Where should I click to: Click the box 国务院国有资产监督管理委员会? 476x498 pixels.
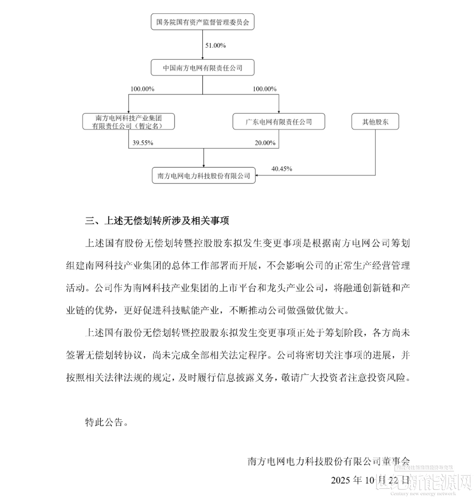click(x=203, y=22)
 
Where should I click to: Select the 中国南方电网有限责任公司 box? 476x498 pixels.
click(x=203, y=68)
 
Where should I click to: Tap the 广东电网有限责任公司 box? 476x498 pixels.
click(x=279, y=122)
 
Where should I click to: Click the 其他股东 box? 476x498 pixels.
click(x=375, y=122)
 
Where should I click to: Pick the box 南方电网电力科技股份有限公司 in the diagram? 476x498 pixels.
click(x=204, y=176)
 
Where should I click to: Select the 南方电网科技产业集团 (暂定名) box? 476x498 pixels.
click(x=128, y=122)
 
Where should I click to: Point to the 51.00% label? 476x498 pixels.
click(x=216, y=45)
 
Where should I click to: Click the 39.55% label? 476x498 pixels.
click(x=142, y=143)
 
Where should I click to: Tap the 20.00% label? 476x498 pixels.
click(x=265, y=143)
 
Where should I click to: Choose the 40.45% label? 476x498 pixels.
click(x=282, y=169)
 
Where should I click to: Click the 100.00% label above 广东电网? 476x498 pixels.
click(x=264, y=89)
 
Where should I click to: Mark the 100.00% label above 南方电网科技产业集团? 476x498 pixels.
click(x=142, y=89)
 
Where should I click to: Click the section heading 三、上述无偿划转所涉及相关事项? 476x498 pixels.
click(x=157, y=221)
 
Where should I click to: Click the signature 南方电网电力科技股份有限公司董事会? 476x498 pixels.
click(x=329, y=461)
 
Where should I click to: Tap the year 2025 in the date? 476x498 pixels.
click(x=341, y=480)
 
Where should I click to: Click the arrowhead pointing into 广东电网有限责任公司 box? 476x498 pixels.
click(x=279, y=112)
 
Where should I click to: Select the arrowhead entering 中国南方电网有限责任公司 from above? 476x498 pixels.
click(x=203, y=58)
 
